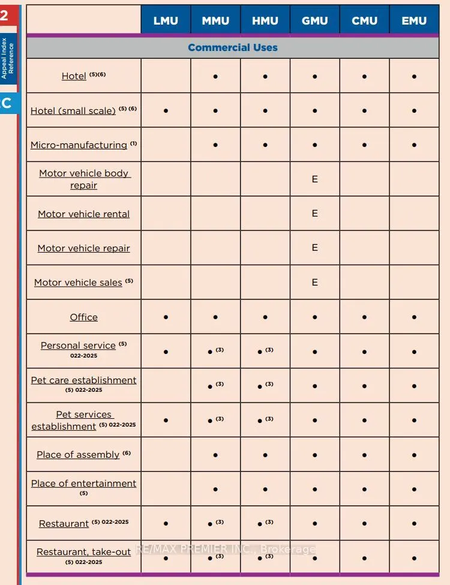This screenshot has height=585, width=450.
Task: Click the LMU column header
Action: [x=166, y=20]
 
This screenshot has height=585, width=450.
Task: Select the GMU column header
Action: [x=314, y=20]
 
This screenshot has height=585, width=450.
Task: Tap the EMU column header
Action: [x=415, y=20]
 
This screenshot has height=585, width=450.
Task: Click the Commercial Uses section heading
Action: [x=233, y=47]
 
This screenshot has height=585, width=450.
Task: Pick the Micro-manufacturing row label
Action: [x=79, y=145]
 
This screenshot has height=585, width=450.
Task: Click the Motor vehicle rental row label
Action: [x=83, y=214]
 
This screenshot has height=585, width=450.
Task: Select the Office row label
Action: [x=83, y=317]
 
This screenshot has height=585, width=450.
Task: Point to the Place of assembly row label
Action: [x=78, y=455]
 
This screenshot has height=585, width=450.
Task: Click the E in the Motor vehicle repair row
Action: [x=315, y=248]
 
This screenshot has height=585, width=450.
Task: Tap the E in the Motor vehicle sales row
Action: [x=315, y=282]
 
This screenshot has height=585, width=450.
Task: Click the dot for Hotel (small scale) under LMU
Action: [x=166, y=111]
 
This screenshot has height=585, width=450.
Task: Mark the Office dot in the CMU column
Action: [x=365, y=317]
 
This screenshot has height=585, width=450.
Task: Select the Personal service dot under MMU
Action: [x=210, y=352]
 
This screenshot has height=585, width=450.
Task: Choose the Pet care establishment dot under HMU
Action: [x=260, y=386]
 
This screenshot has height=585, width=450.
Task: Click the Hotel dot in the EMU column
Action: [x=415, y=77]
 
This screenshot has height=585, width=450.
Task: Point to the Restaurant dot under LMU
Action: [x=166, y=524]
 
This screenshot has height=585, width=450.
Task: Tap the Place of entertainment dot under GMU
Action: [x=315, y=490]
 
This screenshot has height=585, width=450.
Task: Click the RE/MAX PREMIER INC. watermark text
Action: [x=225, y=549]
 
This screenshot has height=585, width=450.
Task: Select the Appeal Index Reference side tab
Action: [x=8, y=58]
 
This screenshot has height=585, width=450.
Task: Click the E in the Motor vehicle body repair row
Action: [x=315, y=179]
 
